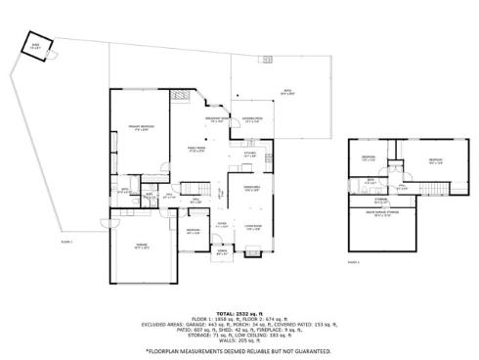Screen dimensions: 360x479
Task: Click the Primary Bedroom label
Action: coord(138,128)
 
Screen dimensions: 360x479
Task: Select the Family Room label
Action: coord(196,150)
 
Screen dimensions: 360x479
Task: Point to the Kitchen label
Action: coord(248,154)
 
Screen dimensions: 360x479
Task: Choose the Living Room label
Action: coord(251,228)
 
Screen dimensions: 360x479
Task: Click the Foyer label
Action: coord(223,225)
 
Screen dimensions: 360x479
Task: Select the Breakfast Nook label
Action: coord(216,119)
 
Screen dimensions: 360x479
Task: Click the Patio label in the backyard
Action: coord(288,93)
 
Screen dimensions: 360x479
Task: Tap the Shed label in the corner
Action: coord(36,47)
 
